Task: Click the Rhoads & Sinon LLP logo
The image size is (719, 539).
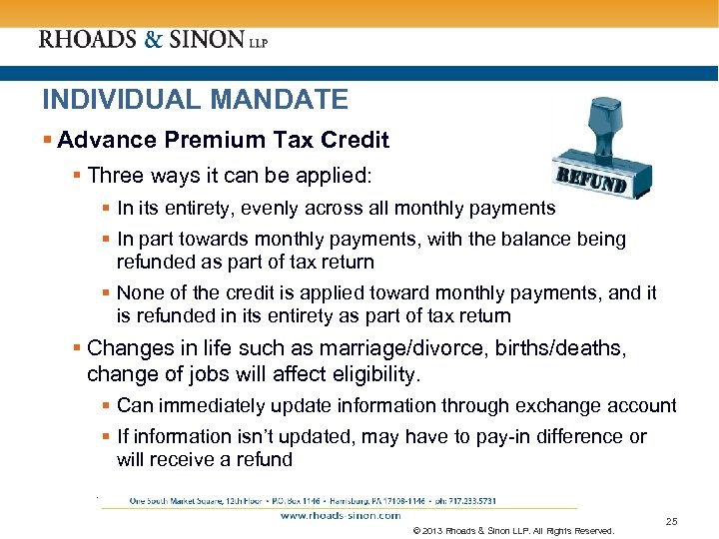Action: (x=153, y=40)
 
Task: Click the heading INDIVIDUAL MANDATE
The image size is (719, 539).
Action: (x=195, y=100)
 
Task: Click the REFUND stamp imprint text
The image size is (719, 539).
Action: (x=590, y=183)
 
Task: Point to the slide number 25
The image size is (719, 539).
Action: (x=671, y=522)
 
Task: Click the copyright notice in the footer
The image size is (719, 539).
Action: (x=512, y=531)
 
